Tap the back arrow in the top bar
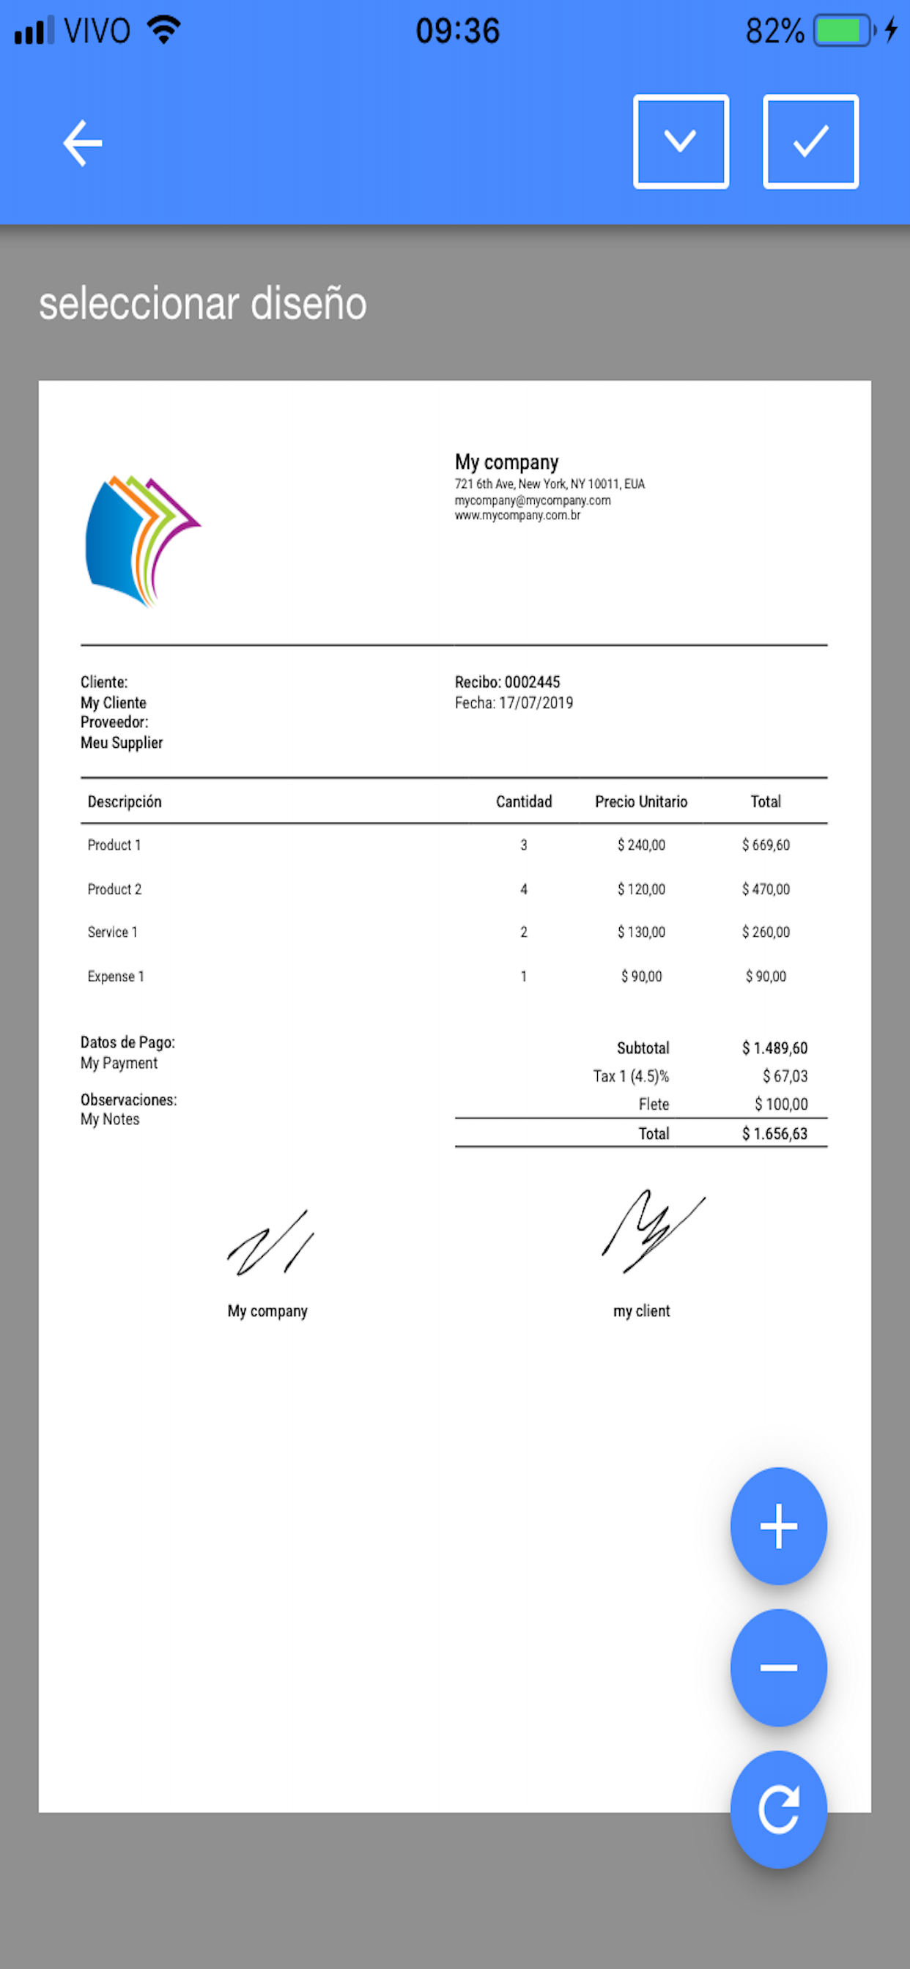click(x=83, y=143)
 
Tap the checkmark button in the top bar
click(x=810, y=141)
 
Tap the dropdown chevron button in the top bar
click(x=681, y=141)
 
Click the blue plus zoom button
click(x=777, y=1527)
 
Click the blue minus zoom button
click(x=777, y=1667)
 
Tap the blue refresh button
click(x=777, y=1809)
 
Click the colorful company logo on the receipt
click(x=141, y=541)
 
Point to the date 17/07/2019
click(x=536, y=702)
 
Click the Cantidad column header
click(x=524, y=801)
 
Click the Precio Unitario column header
click(x=641, y=801)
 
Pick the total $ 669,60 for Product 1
click(x=766, y=845)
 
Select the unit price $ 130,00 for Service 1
click(x=641, y=932)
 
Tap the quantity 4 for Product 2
click(x=524, y=889)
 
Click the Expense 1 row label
click(x=116, y=976)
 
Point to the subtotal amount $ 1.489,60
click(x=774, y=1048)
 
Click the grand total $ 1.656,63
click(x=774, y=1133)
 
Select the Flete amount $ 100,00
click(x=781, y=1104)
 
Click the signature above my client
click(x=651, y=1231)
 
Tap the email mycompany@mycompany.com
click(x=532, y=500)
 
